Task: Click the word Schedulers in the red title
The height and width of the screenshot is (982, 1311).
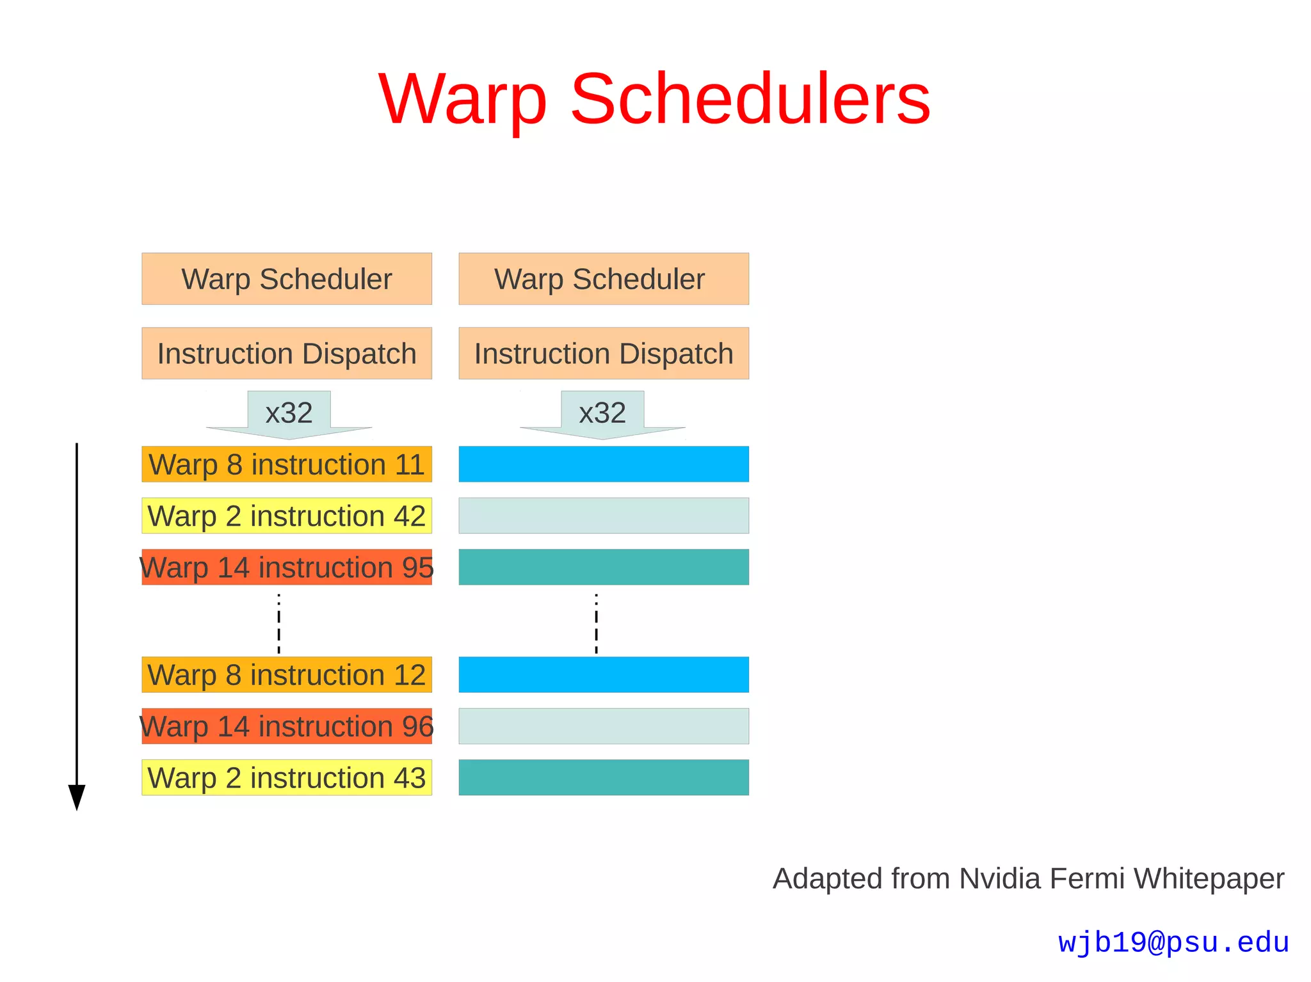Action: point(750,99)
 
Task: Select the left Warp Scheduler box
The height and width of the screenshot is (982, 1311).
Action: point(287,279)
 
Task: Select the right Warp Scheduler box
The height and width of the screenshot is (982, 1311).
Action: point(604,279)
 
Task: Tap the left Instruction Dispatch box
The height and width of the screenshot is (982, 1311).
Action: point(287,354)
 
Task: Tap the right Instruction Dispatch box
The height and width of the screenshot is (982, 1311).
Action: point(604,354)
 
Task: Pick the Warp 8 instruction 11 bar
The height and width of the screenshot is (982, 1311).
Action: point(287,464)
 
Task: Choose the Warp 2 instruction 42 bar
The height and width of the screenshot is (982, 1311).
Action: point(287,516)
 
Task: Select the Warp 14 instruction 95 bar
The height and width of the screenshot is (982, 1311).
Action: point(287,567)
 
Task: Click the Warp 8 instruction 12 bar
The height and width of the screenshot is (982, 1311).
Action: point(287,675)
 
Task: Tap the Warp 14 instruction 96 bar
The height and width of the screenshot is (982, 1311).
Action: point(287,726)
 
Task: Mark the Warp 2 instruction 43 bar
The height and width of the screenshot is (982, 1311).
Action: point(287,777)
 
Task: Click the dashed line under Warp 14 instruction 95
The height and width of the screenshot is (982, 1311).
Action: point(278,624)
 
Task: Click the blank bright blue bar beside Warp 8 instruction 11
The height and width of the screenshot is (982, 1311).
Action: point(604,464)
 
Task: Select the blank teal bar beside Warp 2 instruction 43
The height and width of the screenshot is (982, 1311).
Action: point(604,777)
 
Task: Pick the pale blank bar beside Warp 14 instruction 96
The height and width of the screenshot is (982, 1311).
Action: point(604,726)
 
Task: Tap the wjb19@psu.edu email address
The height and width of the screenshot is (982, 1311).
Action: point(1173,942)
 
